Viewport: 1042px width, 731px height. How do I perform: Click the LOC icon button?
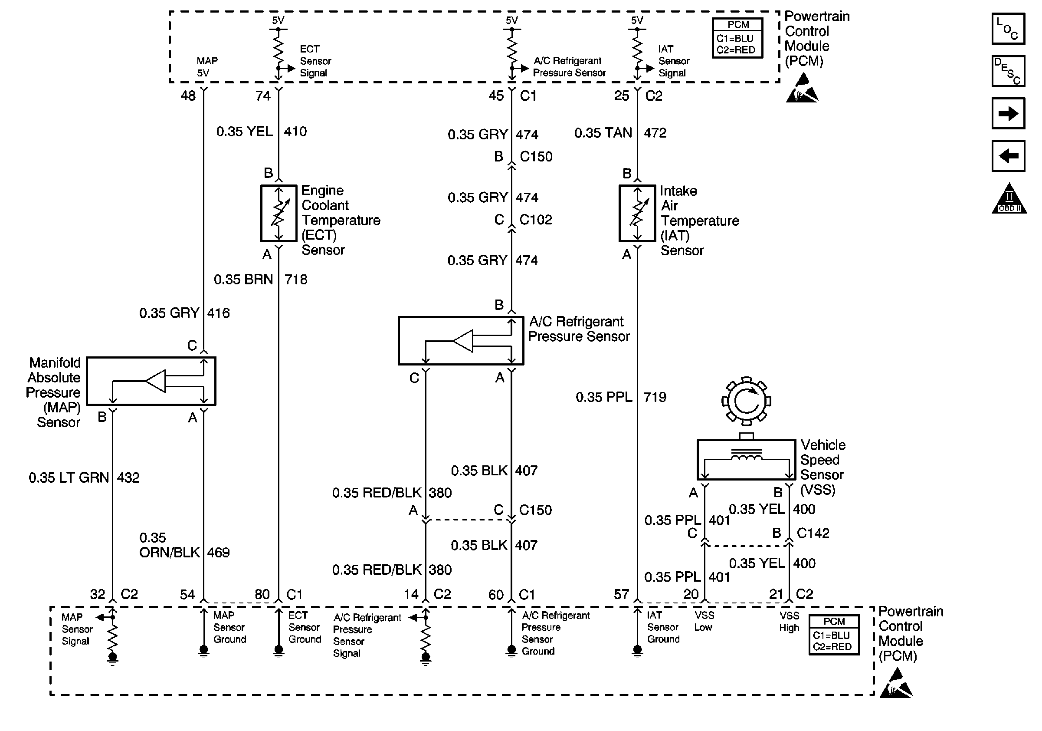coord(1008,29)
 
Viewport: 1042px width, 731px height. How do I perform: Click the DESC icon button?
coord(1008,71)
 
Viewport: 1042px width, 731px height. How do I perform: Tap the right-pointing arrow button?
coord(1008,113)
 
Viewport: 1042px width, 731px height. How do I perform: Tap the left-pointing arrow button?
coord(1008,156)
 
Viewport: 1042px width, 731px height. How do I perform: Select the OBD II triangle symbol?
coord(1009,198)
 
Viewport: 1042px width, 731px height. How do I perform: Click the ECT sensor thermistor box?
coord(279,213)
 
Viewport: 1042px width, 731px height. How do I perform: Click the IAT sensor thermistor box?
coord(637,213)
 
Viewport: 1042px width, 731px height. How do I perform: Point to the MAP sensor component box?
coord(151,381)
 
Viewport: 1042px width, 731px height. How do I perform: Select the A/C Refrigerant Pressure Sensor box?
coord(461,340)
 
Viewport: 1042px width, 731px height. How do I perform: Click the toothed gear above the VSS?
coord(746,401)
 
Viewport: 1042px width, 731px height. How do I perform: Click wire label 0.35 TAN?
coord(603,132)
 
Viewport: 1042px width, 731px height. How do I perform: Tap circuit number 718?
coord(296,279)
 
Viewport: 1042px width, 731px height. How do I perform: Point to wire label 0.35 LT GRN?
coord(69,477)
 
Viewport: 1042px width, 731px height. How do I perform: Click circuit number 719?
coord(655,397)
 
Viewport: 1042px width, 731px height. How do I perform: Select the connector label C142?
coord(813,533)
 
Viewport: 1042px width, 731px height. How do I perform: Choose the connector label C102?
coord(535,220)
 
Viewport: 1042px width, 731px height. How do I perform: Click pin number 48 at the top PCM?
coord(188,96)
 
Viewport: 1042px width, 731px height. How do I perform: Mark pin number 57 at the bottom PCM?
coord(621,594)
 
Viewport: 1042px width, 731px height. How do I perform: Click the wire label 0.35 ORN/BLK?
coord(169,545)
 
